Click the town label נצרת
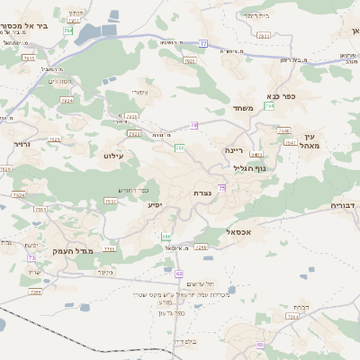tap(202, 193)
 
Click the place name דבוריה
tap(344, 205)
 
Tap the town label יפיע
tap(156, 205)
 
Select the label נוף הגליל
tap(247, 167)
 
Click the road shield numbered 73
tap(32, 258)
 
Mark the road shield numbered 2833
tap(263, 36)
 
